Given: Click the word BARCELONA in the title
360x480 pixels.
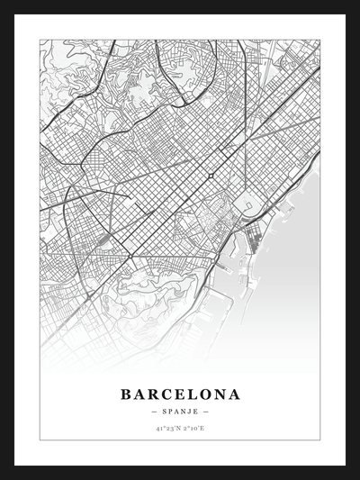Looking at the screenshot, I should [180, 394].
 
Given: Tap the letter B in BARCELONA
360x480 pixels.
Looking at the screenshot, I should [124, 394].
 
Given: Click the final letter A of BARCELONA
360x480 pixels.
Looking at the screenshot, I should [235, 394].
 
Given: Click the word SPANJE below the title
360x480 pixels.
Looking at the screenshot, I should [180, 412].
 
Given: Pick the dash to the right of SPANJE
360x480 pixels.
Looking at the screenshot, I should [204, 412].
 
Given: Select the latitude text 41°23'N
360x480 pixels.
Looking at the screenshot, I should [166, 430].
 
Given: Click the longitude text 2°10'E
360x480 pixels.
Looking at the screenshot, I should [194, 430].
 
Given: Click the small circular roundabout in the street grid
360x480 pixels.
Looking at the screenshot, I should [210, 175].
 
